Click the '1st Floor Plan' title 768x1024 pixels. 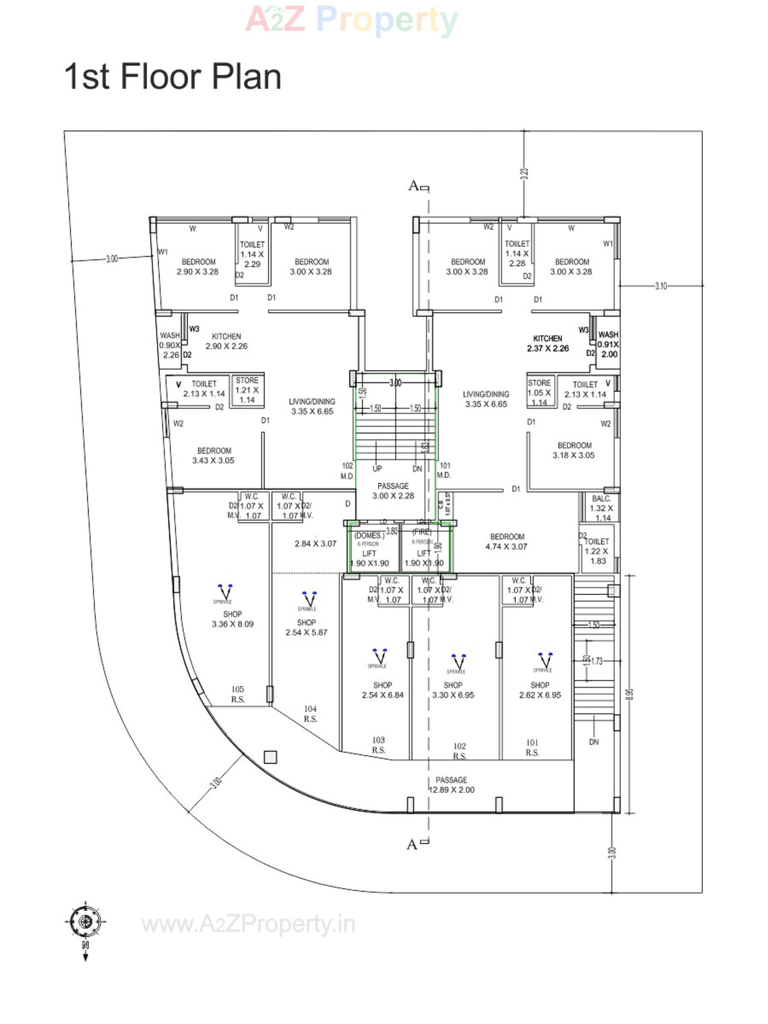pos(172,76)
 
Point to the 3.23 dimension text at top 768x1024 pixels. pos(523,174)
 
